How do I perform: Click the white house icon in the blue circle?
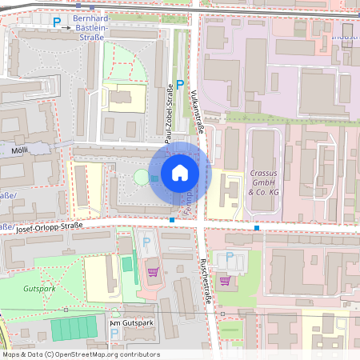[x=180, y=172]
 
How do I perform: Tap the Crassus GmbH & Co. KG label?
[x=262, y=182]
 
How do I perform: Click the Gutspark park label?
[x=38, y=287]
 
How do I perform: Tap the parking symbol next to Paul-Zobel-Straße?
[x=180, y=84]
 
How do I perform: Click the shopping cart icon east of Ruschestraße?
[x=226, y=281]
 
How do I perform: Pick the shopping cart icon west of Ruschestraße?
[x=153, y=271]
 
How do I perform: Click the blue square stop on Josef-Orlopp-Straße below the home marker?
[x=172, y=219]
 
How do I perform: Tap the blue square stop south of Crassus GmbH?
[x=257, y=228]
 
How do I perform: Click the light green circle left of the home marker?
[x=141, y=176]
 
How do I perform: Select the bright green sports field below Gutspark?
[x=73, y=328]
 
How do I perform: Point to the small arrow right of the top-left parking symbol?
[x=68, y=25]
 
